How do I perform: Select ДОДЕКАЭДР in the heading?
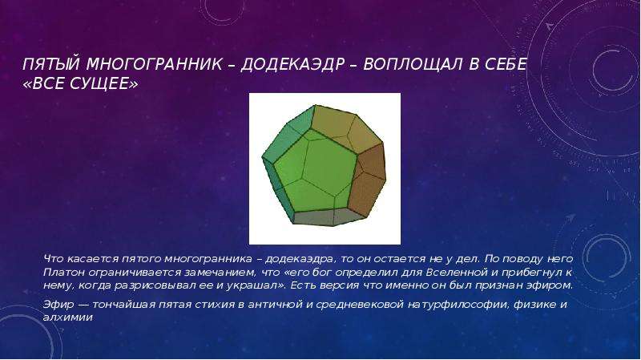point(292,64)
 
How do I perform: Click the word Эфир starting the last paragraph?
point(58,305)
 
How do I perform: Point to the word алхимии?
point(68,318)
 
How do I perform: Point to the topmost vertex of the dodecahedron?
point(315,105)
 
